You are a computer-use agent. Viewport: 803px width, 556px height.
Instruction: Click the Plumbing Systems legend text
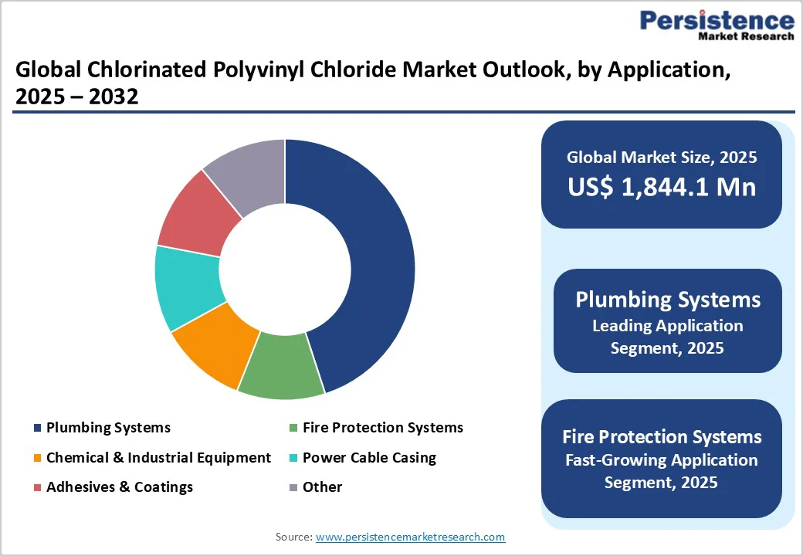click(108, 428)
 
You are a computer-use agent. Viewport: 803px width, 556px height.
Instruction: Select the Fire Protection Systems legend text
click(383, 428)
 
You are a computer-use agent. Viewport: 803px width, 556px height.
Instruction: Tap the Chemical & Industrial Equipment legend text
click(158, 458)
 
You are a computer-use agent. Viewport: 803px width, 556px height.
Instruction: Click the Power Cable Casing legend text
click(369, 458)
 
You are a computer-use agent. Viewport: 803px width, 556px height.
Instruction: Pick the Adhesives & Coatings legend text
click(120, 487)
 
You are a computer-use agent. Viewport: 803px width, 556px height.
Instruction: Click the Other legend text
click(322, 487)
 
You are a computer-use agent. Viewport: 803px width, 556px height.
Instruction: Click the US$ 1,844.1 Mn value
click(662, 187)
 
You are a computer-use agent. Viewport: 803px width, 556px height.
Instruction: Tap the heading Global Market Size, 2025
click(662, 158)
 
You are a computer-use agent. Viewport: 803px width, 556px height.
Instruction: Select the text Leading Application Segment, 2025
click(667, 337)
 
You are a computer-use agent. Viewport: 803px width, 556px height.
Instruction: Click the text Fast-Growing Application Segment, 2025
click(661, 471)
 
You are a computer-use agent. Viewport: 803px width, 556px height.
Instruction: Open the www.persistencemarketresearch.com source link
click(410, 537)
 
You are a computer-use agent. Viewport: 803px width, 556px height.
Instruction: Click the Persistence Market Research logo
click(716, 25)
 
